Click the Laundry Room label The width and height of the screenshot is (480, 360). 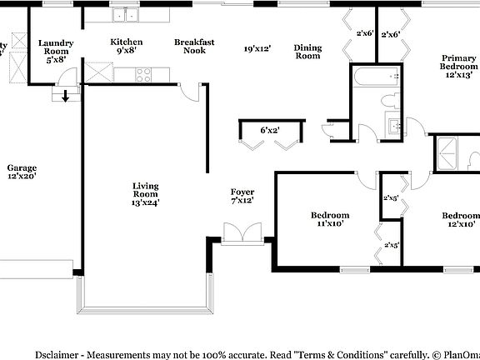pyautogui.click(x=57, y=49)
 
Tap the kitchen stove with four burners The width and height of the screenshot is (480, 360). pyautogui.click(x=143, y=74)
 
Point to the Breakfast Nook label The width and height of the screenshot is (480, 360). pyautogui.click(x=194, y=46)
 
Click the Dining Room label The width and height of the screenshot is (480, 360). pyautogui.click(x=307, y=52)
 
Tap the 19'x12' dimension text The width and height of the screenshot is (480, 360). pyautogui.click(x=257, y=49)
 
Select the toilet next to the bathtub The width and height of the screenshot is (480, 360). pyautogui.click(x=388, y=101)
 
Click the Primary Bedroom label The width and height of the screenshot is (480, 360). pyautogui.click(x=460, y=66)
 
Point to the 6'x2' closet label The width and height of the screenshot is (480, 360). pyautogui.click(x=270, y=130)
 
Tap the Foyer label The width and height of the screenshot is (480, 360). pyautogui.click(x=242, y=196)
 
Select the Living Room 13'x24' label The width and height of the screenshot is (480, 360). pyautogui.click(x=145, y=193)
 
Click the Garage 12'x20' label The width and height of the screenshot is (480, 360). pyautogui.click(x=22, y=172)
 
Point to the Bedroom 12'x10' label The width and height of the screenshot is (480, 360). pyautogui.click(x=460, y=219)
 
